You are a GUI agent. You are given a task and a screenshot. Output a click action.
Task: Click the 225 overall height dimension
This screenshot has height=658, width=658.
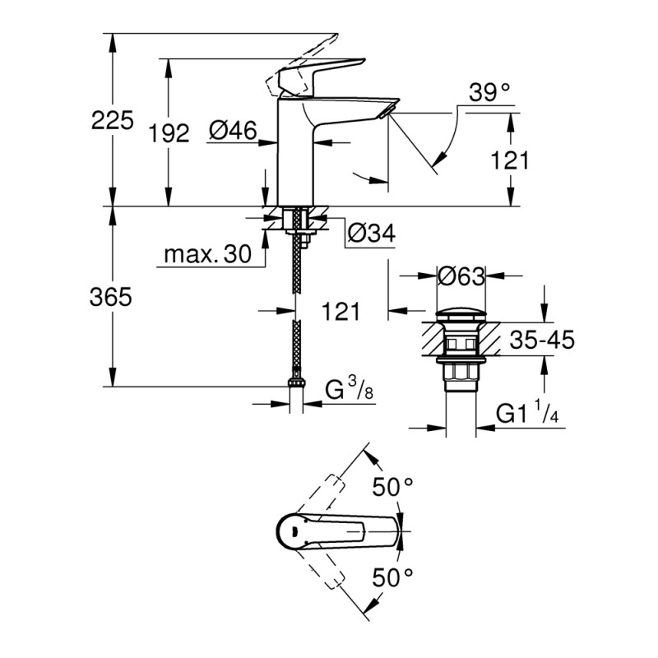[112, 121]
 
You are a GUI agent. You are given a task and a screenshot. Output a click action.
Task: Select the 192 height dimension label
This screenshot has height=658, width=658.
[171, 132]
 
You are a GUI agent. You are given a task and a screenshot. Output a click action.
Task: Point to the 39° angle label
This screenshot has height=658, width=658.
[490, 92]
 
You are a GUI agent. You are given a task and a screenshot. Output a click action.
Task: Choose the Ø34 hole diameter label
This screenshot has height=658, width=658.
[371, 234]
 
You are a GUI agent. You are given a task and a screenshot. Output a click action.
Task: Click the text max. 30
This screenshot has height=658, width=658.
[206, 255]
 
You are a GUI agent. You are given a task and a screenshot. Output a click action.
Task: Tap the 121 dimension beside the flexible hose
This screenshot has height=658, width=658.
[341, 310]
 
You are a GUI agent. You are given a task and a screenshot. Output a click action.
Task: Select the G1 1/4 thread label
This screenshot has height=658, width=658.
[531, 415]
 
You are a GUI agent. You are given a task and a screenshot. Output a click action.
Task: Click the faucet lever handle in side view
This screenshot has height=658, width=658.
[317, 70]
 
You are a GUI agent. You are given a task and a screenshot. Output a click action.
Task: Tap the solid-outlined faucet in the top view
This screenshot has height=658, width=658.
[337, 531]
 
